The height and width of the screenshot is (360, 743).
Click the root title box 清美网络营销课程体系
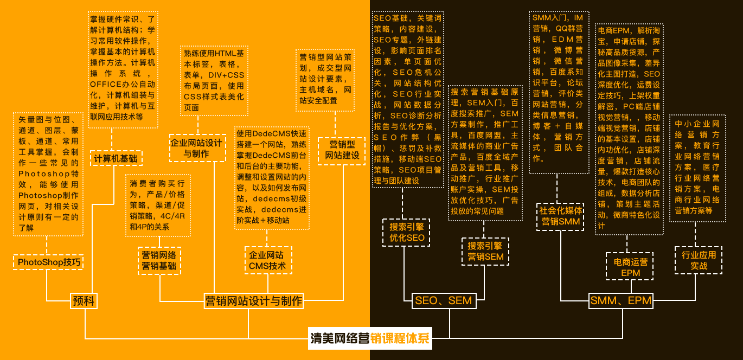370,339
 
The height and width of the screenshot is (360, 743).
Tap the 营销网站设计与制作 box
253,300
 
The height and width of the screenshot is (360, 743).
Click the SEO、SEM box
443,300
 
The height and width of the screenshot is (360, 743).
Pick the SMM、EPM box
620,300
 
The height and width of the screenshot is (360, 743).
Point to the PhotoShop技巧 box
49,262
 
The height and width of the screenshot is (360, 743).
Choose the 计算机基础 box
116,158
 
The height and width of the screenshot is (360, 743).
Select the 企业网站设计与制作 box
196,148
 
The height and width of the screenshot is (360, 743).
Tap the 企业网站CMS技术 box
267,260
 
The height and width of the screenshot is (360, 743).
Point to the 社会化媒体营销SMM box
561,216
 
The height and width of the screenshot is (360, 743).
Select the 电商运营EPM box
630,267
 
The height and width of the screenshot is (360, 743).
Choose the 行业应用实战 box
699,260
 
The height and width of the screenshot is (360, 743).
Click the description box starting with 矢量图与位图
48,174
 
